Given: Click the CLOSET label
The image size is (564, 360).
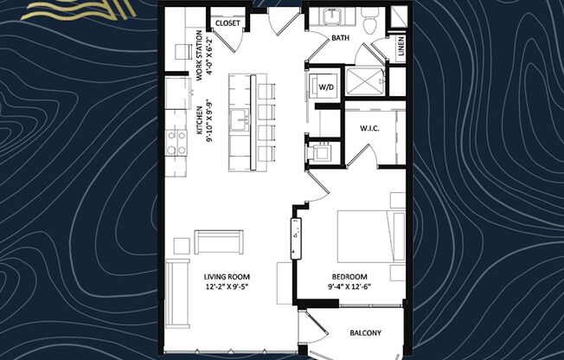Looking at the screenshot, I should [228, 23].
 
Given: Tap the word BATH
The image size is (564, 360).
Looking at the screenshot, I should [342, 38].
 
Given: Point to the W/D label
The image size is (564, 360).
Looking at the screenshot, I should [328, 87].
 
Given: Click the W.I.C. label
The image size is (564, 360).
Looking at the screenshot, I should [372, 129].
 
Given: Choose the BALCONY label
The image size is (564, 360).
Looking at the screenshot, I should [365, 332].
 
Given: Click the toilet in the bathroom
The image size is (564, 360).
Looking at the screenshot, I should [369, 22].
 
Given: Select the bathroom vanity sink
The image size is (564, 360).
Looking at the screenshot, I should [332, 16].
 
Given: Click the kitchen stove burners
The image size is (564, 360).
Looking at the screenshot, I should [176, 141].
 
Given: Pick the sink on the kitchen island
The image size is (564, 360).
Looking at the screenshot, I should [238, 119].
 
